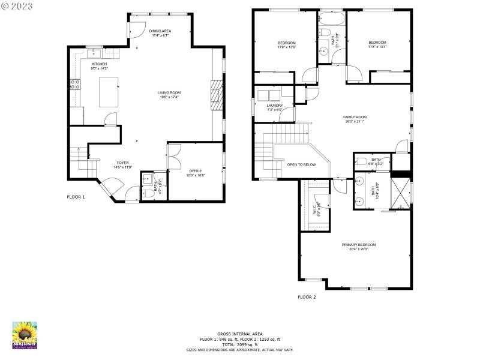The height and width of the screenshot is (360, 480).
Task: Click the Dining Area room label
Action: click(x=160, y=33)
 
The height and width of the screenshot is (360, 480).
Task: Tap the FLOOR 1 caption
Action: click(x=76, y=197)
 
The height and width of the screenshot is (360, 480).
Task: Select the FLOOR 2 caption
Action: click(x=307, y=297)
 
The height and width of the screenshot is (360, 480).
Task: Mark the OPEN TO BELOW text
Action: click(x=301, y=164)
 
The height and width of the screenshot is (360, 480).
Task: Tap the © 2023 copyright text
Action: click(x=17, y=7)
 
